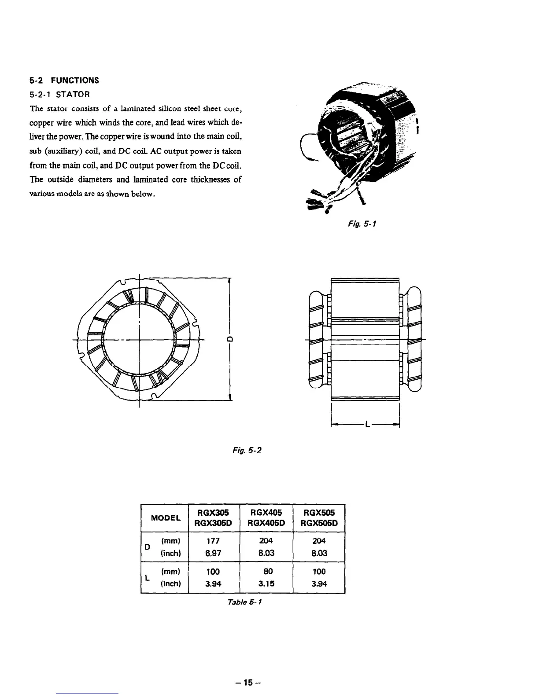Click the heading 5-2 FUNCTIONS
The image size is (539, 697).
pyautogui.click(x=64, y=80)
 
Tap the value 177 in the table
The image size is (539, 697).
pyautogui.click(x=213, y=540)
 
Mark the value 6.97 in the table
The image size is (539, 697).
pyautogui.click(x=213, y=553)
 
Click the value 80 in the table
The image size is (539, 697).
pyautogui.click(x=266, y=572)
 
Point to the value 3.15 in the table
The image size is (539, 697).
pyautogui.click(x=266, y=584)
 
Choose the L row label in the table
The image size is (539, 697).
pyautogui.click(x=148, y=578)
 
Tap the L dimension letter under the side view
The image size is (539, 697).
pyautogui.click(x=365, y=426)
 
